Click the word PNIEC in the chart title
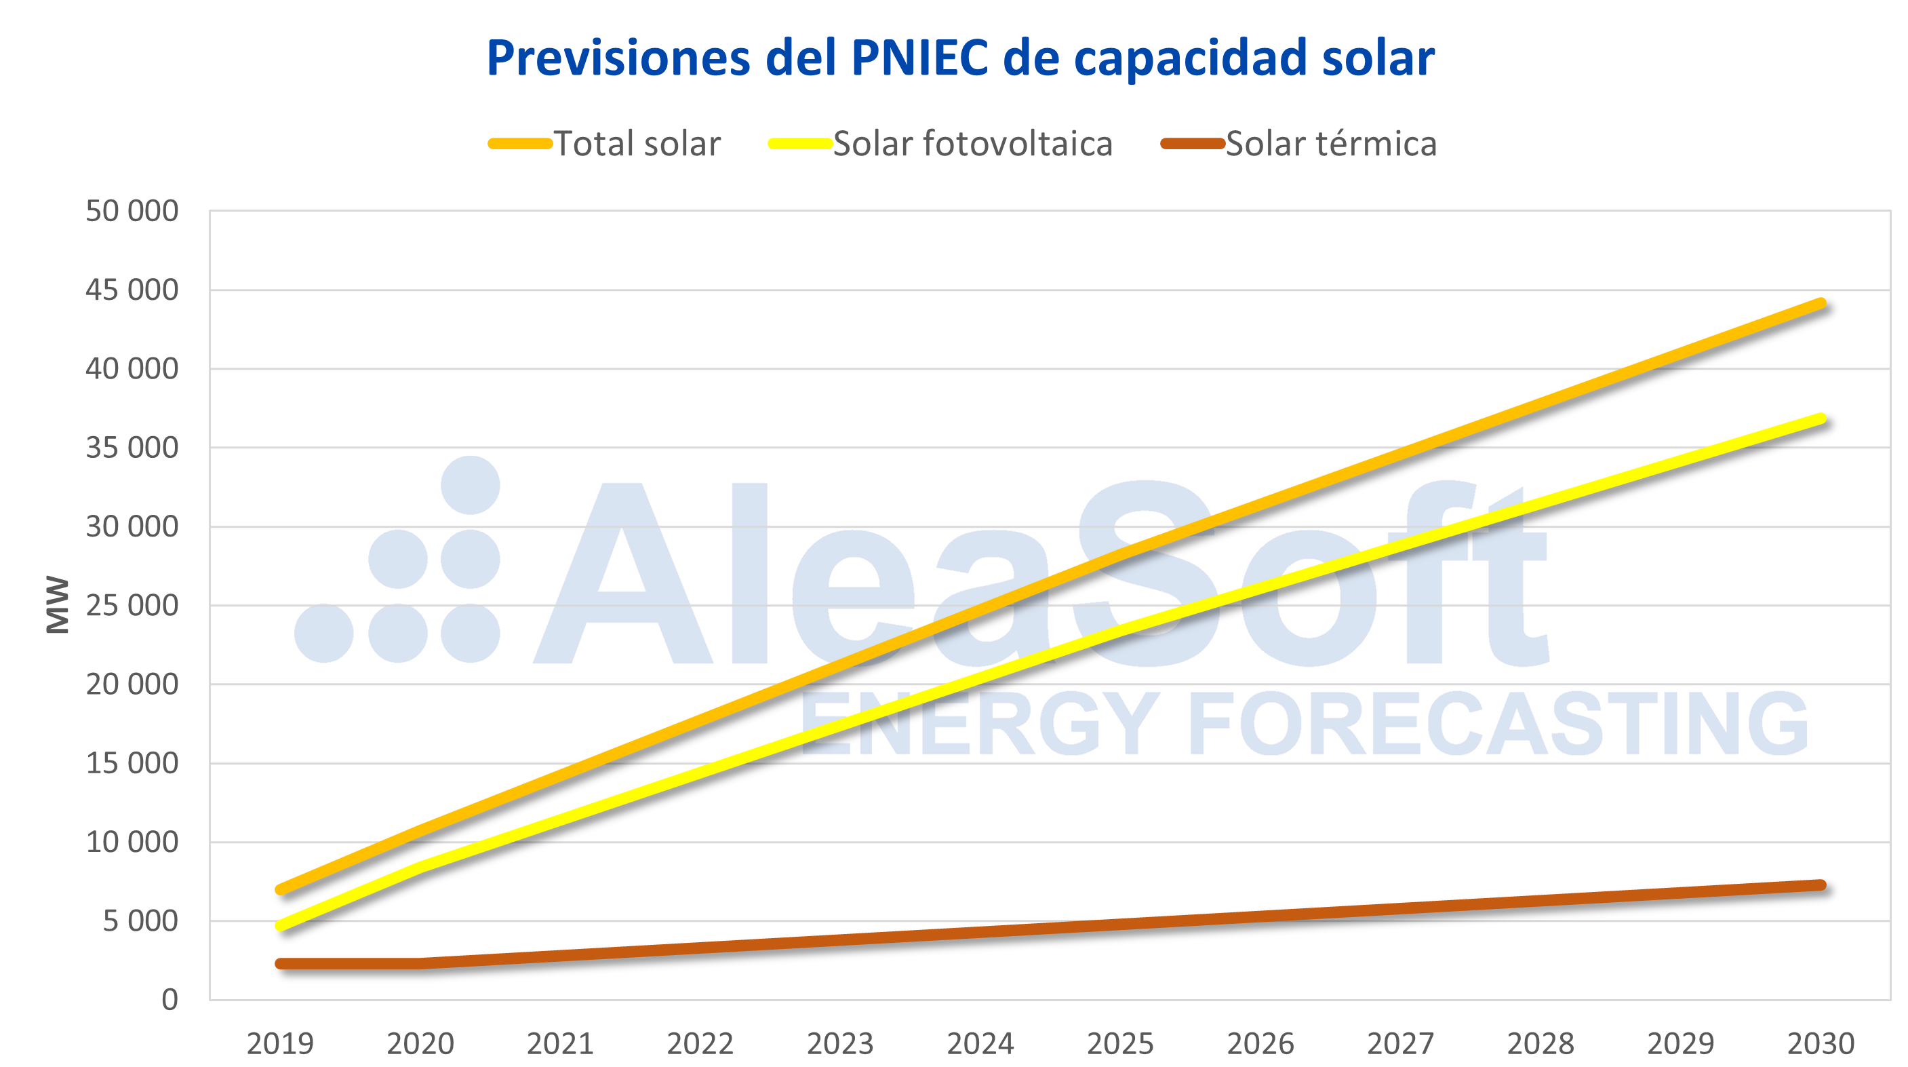(x=919, y=58)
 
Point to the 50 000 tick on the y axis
(x=132, y=211)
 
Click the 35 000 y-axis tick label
(x=132, y=448)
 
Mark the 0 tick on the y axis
(x=170, y=1000)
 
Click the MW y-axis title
(x=58, y=604)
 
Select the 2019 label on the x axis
(x=280, y=1044)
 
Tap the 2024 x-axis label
(x=980, y=1044)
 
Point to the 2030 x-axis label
(x=1821, y=1044)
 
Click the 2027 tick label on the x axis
(x=1400, y=1044)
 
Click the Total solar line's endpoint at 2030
(x=1821, y=304)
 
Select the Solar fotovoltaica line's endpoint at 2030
(x=1821, y=419)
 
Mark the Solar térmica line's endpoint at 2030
(x=1821, y=885)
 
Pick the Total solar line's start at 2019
(x=281, y=889)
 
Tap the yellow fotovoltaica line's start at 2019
(x=281, y=925)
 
